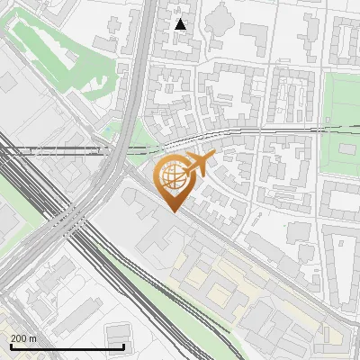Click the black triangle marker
181,24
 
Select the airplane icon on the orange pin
199,164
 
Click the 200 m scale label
23,338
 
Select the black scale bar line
67,346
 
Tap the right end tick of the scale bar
123,345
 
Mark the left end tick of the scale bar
10,345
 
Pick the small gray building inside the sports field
347,148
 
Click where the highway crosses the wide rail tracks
76,220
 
